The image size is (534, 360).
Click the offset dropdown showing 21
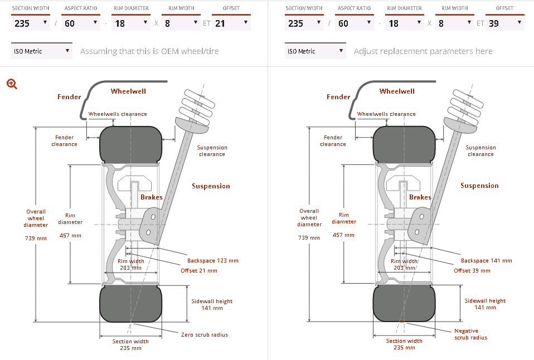click(x=231, y=23)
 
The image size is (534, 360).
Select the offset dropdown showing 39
click(x=504, y=23)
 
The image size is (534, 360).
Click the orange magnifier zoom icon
click(x=12, y=84)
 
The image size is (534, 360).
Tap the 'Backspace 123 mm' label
click(x=212, y=260)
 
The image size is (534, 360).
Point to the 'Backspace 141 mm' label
click(x=486, y=260)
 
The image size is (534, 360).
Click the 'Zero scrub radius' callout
click(x=205, y=334)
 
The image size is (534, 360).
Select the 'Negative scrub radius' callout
click(x=470, y=334)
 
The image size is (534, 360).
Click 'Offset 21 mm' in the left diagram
click(x=198, y=270)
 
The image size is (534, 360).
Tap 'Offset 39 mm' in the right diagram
click(x=472, y=270)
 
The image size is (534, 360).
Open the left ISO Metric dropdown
click(x=42, y=51)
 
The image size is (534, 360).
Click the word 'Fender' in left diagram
click(x=69, y=97)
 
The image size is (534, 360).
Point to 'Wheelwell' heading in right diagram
click(x=397, y=91)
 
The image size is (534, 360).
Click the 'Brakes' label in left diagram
click(x=152, y=197)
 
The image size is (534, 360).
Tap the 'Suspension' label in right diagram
click(x=479, y=186)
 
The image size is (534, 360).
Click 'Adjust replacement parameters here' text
click(x=423, y=51)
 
